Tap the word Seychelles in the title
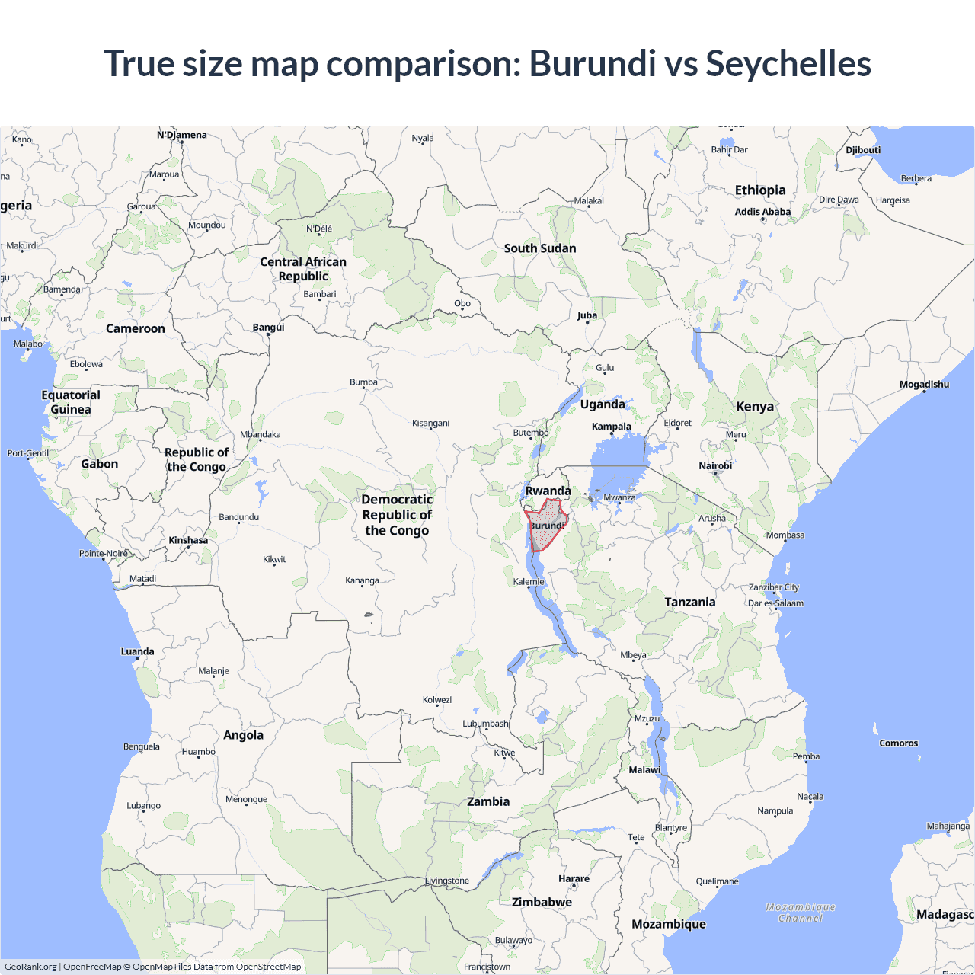coord(788,64)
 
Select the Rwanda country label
coord(548,491)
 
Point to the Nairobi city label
coord(715,466)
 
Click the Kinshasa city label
coord(188,541)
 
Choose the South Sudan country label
coord(540,248)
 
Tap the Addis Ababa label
coord(762,212)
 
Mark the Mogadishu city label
coord(924,385)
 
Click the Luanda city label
coord(137,652)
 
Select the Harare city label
coord(574,879)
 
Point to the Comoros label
coord(899,743)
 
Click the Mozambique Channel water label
coord(801,913)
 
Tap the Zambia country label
coord(488,802)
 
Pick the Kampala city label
coord(611,427)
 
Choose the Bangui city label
coord(268,328)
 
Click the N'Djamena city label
coord(181,136)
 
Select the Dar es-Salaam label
coord(775,603)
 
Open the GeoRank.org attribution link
coord(30,967)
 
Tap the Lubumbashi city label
coord(486,724)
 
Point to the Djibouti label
coord(863,150)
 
